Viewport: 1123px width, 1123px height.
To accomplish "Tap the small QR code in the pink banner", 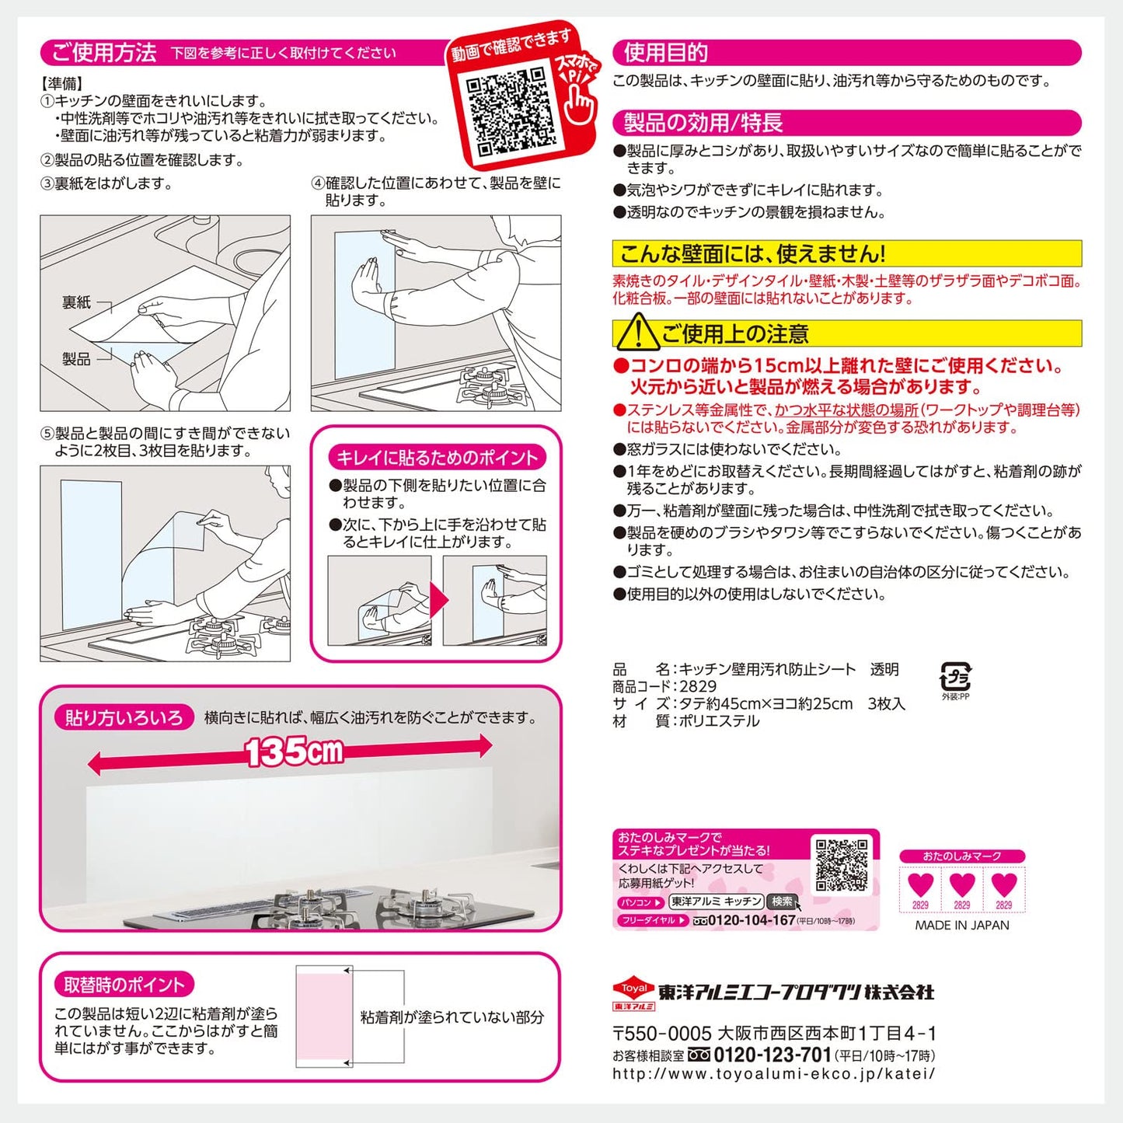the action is pos(842,865).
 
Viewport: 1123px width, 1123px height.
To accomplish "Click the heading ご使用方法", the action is pos(104,53).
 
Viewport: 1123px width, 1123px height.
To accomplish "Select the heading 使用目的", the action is pos(665,53).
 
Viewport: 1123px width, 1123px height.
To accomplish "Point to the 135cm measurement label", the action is pos(294,752).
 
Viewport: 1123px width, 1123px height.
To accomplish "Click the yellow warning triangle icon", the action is pos(639,332).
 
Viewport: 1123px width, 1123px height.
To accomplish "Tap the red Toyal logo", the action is pos(633,994).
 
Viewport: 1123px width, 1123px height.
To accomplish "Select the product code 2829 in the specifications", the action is pos(698,686).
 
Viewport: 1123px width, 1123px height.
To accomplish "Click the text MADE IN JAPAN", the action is pos(962,925).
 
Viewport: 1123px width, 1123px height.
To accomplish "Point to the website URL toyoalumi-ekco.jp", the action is pos(773,1074).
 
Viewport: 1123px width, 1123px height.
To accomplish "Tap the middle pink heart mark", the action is pos(962,884).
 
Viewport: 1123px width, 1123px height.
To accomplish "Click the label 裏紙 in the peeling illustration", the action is pos(77,302).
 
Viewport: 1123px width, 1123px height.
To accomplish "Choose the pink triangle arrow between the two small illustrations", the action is pos(439,600).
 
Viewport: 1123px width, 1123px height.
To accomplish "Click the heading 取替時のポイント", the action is pos(124,985).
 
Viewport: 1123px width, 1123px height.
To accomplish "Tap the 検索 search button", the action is pos(782,902).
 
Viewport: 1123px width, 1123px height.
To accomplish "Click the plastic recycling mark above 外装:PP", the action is pos(955,677).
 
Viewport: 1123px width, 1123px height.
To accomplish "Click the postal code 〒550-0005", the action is pos(662,1034).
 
